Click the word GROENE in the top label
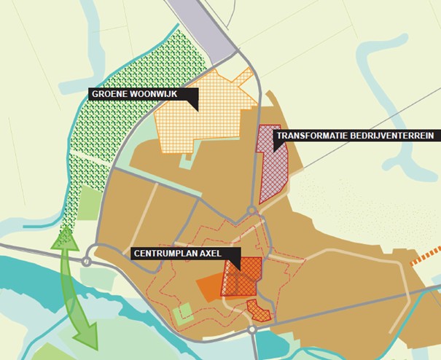[x=109, y=94]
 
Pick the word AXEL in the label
[x=222, y=254]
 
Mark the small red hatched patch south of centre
[x=259, y=311]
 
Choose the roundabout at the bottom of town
[x=252, y=330]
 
